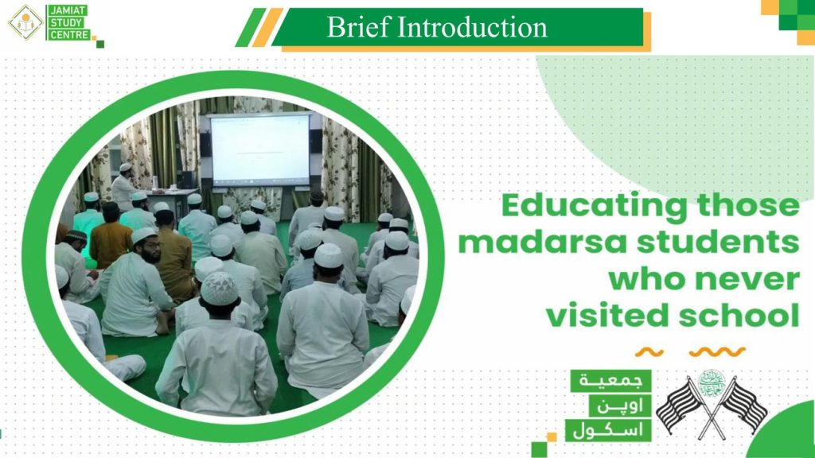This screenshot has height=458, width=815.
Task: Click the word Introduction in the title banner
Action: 473,27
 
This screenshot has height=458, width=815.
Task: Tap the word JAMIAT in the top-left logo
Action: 68,11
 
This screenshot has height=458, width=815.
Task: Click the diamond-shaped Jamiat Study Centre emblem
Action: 25,22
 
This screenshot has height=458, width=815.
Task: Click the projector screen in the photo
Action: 260,149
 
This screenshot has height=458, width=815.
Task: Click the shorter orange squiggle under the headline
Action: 649,353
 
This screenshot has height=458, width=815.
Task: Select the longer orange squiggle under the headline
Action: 717,352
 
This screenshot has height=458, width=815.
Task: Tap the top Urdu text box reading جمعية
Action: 610,381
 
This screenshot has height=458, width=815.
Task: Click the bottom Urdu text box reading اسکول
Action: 608,430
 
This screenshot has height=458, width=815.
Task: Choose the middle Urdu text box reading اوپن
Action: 620,406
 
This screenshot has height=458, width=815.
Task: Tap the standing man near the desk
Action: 123,188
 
